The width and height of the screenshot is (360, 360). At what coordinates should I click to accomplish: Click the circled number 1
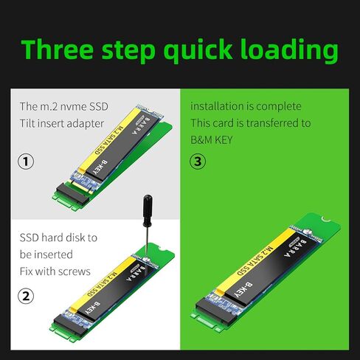pyautogui.click(x=27, y=161)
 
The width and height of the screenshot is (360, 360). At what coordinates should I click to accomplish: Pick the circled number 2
pyautogui.click(x=27, y=296)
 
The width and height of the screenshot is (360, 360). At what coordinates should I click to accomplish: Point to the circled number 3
pyautogui.click(x=198, y=161)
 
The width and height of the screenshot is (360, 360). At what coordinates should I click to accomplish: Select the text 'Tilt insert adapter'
pyautogui.click(x=61, y=123)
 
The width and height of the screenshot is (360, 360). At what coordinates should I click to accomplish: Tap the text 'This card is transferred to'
pyautogui.click(x=250, y=123)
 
